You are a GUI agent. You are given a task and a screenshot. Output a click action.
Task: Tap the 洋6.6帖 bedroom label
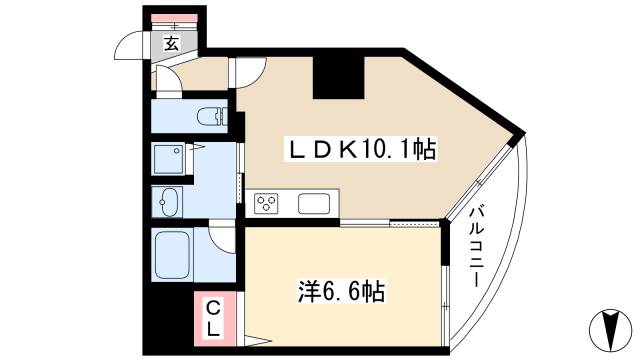(x=341, y=292)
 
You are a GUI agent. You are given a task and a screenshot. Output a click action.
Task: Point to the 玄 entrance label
(x=171, y=43)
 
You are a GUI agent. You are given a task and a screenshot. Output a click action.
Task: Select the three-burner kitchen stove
(x=267, y=204)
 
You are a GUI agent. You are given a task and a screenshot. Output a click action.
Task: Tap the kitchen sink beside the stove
(x=314, y=204)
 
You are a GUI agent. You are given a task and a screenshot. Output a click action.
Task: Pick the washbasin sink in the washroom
(x=167, y=202)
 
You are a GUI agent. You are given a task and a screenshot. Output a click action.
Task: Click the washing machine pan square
(x=167, y=159)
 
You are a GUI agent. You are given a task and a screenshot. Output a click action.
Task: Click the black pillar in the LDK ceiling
(x=336, y=75)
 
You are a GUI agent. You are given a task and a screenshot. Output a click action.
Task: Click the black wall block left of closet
(x=168, y=320)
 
